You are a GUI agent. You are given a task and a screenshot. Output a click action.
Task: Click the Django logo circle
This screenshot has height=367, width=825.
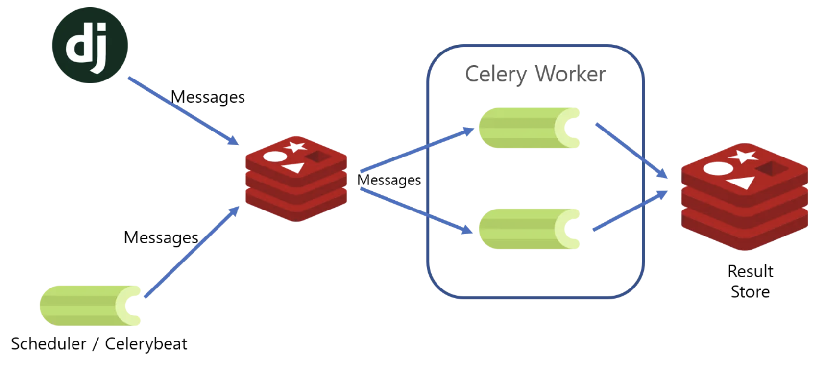[90, 45]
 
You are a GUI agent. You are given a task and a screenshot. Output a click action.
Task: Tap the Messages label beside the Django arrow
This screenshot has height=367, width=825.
[208, 97]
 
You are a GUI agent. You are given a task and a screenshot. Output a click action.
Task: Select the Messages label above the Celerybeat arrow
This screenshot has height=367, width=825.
[161, 238]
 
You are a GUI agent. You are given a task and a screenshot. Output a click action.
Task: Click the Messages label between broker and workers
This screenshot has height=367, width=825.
[389, 181]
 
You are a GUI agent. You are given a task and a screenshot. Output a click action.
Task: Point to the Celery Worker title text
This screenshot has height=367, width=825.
[535, 75]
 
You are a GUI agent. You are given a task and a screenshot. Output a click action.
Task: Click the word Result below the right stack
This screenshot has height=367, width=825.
[750, 271]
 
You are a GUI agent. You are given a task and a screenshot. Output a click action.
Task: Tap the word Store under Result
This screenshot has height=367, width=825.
[750, 292]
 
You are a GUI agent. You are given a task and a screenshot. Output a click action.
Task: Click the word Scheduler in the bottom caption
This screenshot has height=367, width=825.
[49, 344]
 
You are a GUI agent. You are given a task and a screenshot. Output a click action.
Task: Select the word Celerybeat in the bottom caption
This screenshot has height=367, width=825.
[146, 344]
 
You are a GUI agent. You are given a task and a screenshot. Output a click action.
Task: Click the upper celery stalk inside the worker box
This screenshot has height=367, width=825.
[529, 128]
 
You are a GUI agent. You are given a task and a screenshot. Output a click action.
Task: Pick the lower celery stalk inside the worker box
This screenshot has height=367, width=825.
[529, 229]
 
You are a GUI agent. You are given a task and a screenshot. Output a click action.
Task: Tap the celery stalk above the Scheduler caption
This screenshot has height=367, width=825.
[90, 306]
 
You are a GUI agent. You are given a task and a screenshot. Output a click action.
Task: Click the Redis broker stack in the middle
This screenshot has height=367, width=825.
[296, 179]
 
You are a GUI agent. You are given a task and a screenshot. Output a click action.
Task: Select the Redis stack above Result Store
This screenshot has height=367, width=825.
[744, 197]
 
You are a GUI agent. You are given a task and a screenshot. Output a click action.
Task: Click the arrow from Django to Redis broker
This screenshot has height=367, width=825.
[183, 111]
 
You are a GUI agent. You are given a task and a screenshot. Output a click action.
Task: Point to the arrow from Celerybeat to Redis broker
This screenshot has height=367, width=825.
[192, 252]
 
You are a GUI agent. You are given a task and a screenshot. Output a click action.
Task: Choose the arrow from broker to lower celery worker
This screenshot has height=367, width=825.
[416, 211]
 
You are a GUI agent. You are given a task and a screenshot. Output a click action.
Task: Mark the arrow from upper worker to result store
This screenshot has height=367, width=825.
[631, 151]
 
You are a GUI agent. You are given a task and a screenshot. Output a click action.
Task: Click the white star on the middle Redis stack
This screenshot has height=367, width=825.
[295, 147]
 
